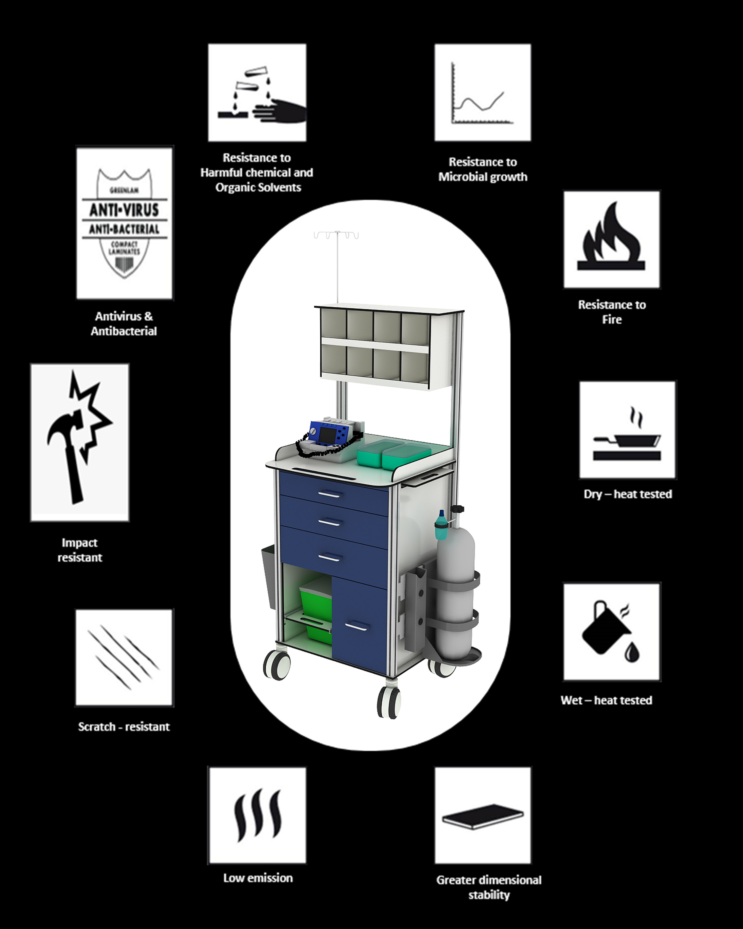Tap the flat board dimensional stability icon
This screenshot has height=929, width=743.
click(x=483, y=815)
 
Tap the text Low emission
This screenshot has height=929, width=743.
click(x=257, y=878)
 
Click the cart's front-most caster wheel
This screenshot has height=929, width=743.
click(x=389, y=702)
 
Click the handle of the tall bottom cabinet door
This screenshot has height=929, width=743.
click(x=357, y=626)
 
